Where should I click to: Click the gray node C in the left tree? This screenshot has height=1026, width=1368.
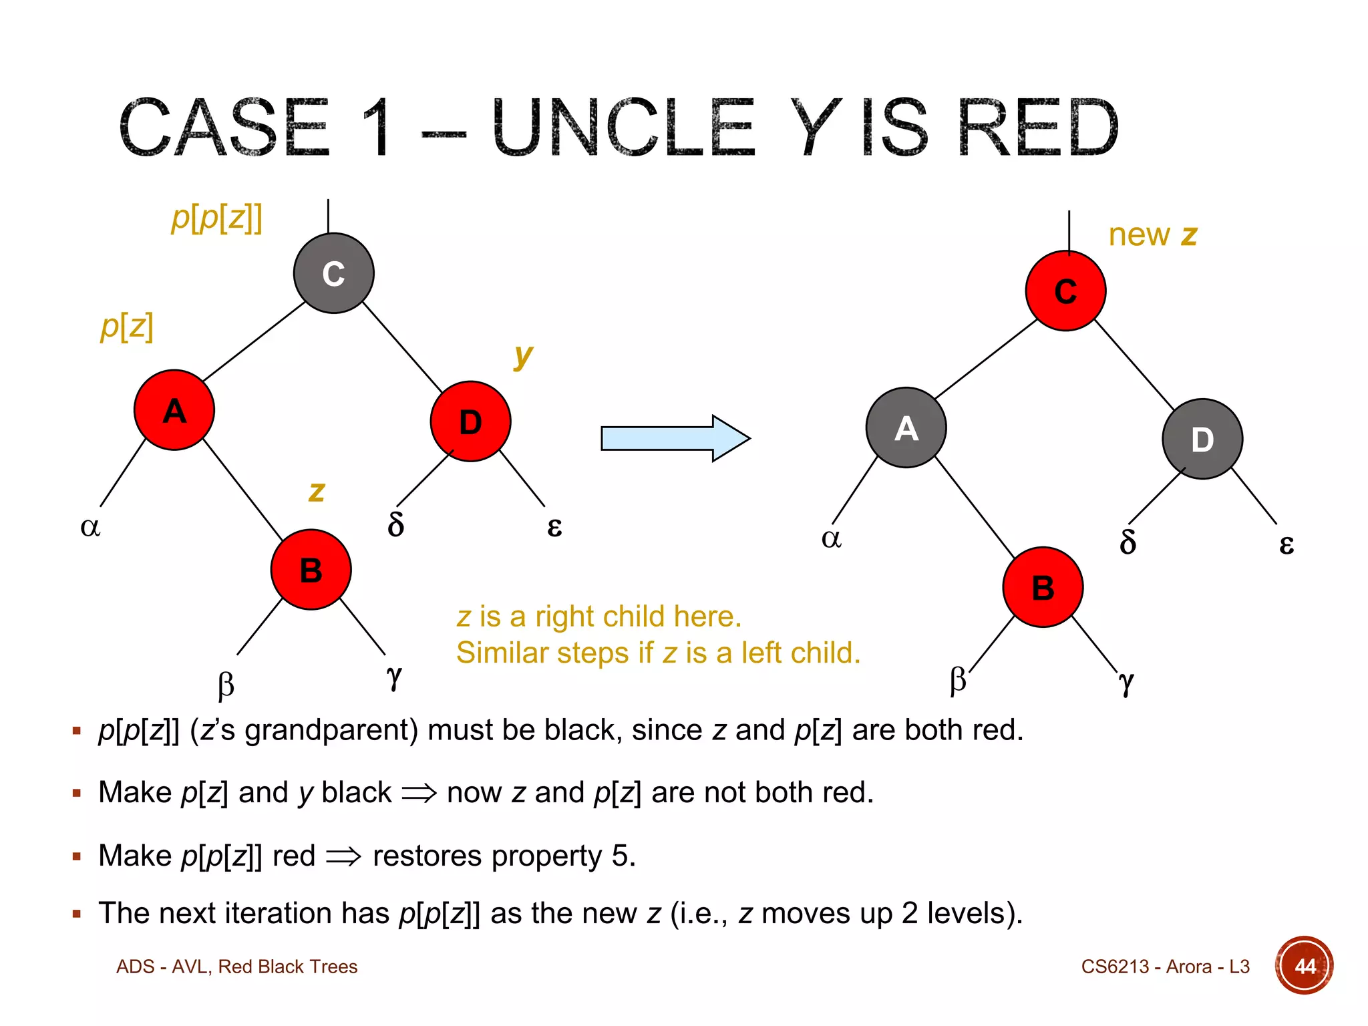click(x=333, y=273)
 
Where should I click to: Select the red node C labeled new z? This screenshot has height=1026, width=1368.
click(x=1065, y=291)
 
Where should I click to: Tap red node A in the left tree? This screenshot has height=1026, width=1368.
click(x=174, y=410)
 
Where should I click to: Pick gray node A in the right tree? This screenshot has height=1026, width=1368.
click(x=906, y=427)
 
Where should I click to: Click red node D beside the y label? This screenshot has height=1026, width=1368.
click(x=470, y=421)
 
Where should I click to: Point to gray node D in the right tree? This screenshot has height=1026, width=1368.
click(x=1202, y=439)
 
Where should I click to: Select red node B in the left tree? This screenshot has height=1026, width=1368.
click(x=311, y=570)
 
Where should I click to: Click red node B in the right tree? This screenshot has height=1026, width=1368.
click(x=1043, y=587)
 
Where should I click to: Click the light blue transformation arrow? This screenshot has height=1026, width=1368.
click(x=675, y=438)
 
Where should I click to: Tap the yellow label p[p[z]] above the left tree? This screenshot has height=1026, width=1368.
click(x=216, y=218)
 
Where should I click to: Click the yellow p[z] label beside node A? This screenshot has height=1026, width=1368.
click(x=126, y=326)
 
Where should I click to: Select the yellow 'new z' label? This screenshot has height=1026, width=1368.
click(x=1152, y=235)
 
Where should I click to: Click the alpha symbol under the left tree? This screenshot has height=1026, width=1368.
click(x=90, y=527)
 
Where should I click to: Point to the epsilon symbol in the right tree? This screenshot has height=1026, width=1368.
click(x=1286, y=544)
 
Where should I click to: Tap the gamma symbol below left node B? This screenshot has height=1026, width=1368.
click(x=394, y=677)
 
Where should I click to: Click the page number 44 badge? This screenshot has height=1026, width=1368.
click(x=1304, y=966)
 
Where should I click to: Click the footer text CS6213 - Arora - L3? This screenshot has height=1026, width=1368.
click(x=1165, y=967)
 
